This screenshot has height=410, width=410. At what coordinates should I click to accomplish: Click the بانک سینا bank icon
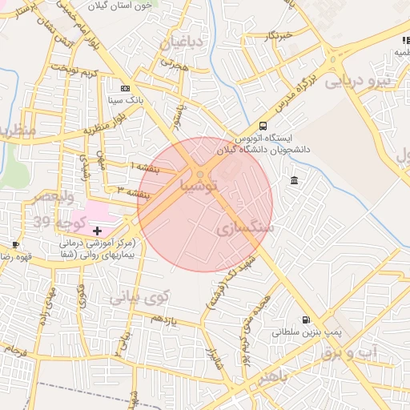pyautogui.click(x=124, y=88)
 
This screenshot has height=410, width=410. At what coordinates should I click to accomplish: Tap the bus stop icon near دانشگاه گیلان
pyautogui.click(x=263, y=126)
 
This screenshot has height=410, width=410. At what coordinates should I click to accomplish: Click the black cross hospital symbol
pyautogui.click(x=98, y=231)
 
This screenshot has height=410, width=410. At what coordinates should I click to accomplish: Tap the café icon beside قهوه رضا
pyautogui.click(x=15, y=244)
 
